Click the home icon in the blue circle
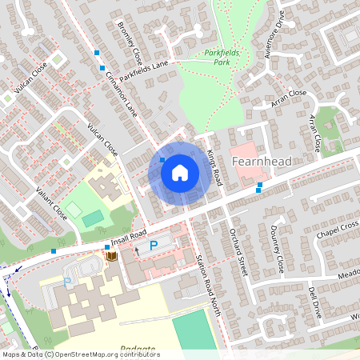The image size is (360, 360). pos(180,171)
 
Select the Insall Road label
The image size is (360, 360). pos(129,236)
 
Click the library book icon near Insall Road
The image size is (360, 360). pos(111,255)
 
